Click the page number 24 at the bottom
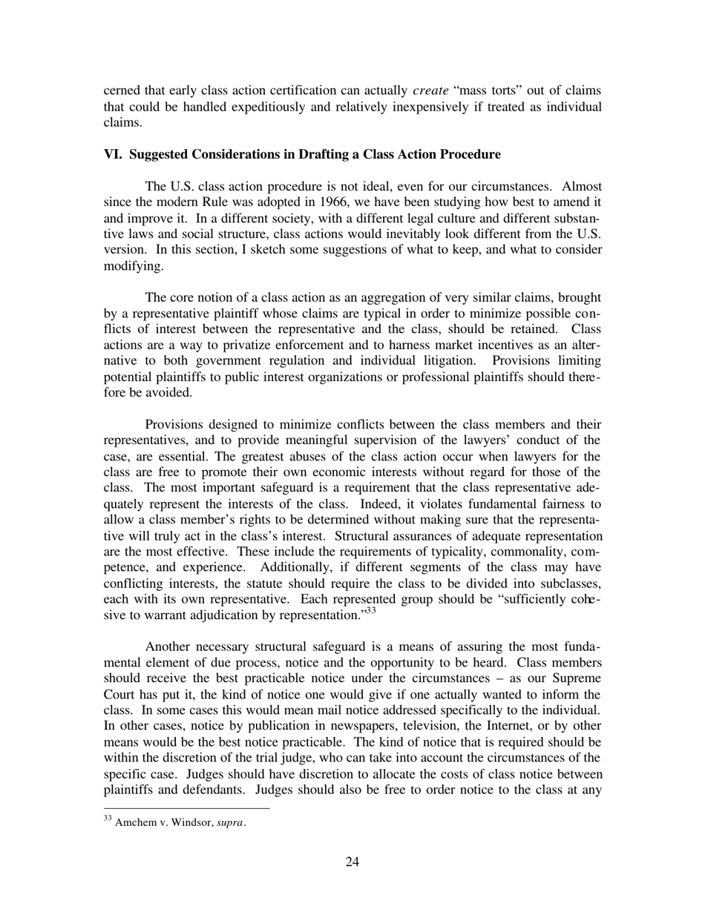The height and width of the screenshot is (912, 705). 352,861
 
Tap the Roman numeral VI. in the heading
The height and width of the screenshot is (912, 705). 114,154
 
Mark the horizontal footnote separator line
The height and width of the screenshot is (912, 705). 186,808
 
